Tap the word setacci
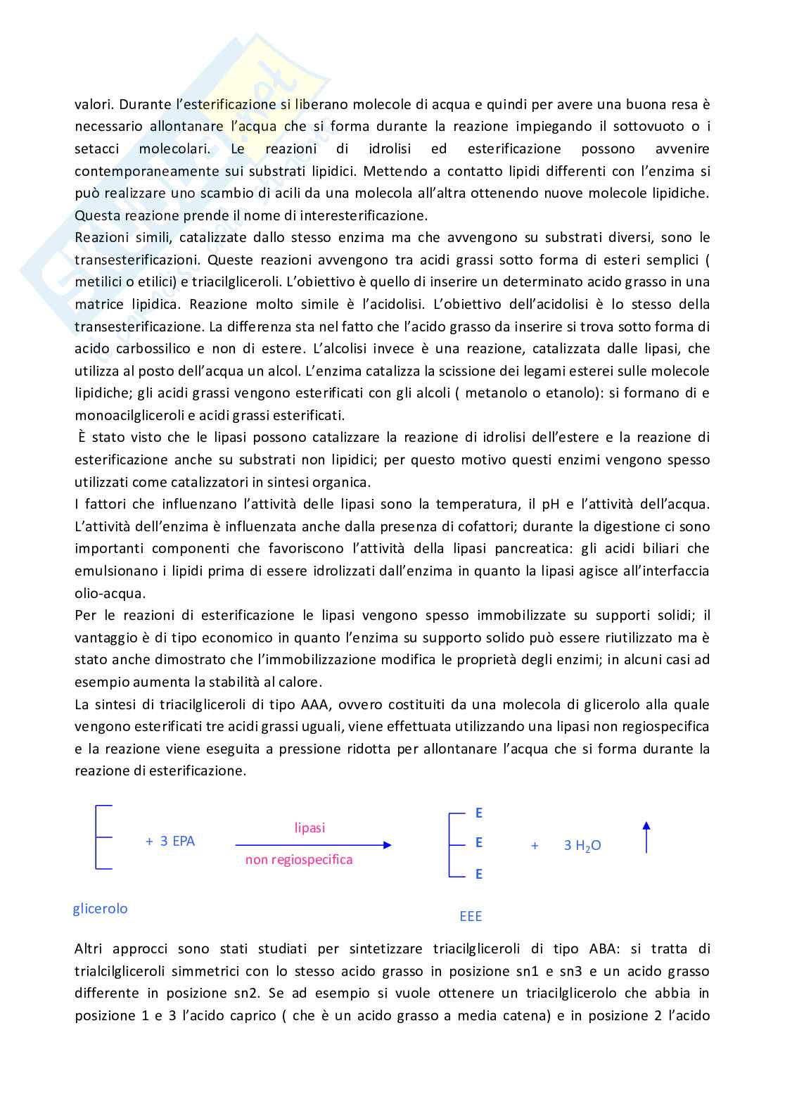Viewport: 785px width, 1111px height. point(96,149)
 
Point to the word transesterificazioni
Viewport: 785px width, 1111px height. point(137,260)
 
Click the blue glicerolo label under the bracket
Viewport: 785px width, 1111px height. point(101,908)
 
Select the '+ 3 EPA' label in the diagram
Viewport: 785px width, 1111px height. point(170,842)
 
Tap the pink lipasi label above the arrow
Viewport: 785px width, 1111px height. point(309,828)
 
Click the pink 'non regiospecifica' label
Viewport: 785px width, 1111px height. point(299,860)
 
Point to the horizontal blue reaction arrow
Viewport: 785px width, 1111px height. point(313,845)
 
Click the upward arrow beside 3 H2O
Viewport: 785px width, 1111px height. point(646,837)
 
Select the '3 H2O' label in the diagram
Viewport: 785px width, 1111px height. point(582,846)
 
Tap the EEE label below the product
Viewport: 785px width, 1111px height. point(471,916)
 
